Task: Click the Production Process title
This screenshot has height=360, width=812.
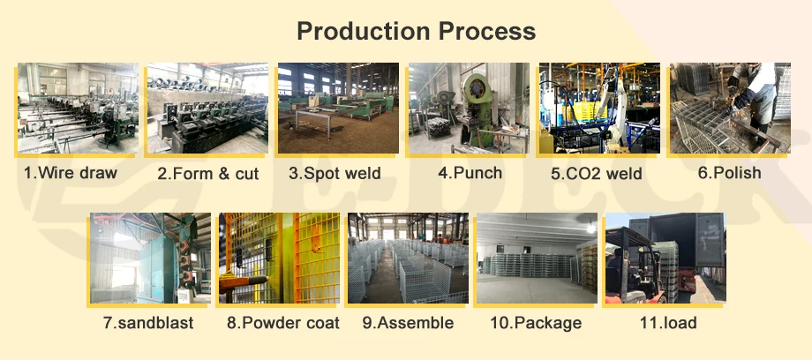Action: pyautogui.click(x=416, y=32)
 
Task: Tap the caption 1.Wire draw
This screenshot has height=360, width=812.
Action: pyautogui.click(x=70, y=173)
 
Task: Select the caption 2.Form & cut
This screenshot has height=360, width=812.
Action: pyautogui.click(x=207, y=174)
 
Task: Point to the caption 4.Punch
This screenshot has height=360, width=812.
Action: pyautogui.click(x=470, y=173)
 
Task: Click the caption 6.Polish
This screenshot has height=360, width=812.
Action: pyautogui.click(x=729, y=173)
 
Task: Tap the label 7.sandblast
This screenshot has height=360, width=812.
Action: pyautogui.click(x=147, y=323)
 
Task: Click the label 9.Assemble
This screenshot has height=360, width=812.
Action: pyautogui.click(x=408, y=323)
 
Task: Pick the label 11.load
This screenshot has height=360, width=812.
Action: pyautogui.click(x=667, y=323)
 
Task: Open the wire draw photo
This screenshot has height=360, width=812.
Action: pyautogui.click(x=78, y=109)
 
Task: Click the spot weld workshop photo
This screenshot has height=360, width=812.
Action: pyautogui.click(x=336, y=109)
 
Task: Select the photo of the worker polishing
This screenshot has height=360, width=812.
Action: pyautogui.click(x=729, y=109)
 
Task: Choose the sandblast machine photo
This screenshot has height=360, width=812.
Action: pyautogui.click(x=150, y=258)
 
